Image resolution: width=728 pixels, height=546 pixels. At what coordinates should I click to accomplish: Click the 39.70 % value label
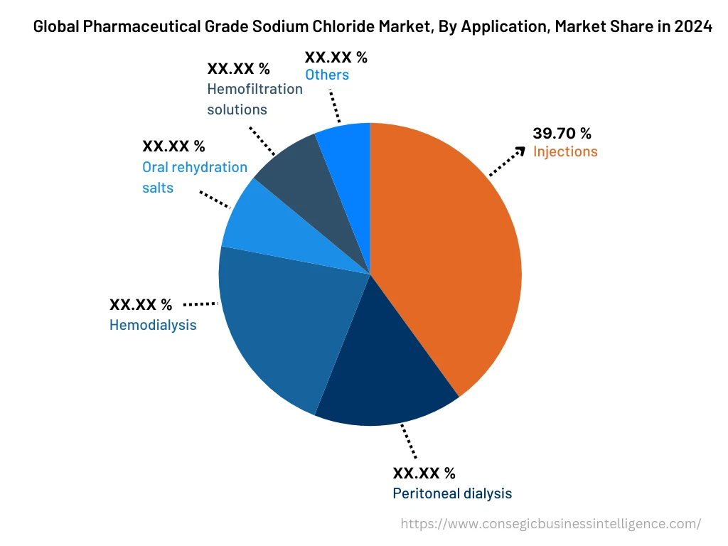(562, 133)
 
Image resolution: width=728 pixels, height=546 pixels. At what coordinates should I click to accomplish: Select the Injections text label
(565, 151)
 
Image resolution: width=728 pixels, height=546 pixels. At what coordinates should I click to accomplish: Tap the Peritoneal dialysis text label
(452, 493)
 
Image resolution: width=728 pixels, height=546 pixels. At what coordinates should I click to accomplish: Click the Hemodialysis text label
(153, 325)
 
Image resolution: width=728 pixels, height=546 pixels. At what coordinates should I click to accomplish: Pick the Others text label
(327, 75)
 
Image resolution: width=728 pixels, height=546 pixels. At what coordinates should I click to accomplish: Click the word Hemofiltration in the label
(255, 90)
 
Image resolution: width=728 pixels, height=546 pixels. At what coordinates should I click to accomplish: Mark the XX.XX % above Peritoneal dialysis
(424, 473)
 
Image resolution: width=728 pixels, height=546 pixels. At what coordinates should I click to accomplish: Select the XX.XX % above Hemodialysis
(141, 305)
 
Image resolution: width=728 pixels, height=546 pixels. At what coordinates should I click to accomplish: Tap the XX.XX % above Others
(336, 58)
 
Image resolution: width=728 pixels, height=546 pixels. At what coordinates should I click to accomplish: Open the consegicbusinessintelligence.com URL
(551, 524)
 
